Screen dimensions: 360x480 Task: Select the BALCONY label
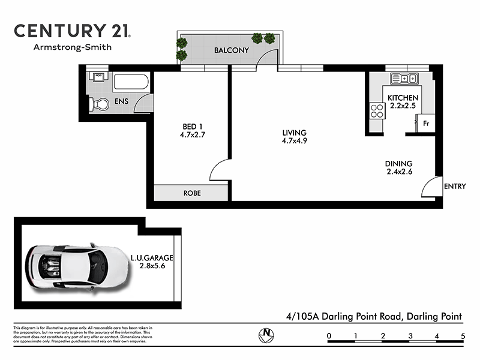tap(232, 50)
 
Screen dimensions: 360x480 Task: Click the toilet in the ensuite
tap(100, 104)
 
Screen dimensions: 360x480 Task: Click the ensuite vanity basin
tap(97, 77)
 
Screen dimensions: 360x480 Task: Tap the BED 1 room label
tap(193, 126)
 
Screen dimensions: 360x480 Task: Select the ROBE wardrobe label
tap(192, 193)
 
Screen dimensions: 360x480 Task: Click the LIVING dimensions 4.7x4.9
tap(295, 142)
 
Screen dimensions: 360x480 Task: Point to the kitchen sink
tap(404, 78)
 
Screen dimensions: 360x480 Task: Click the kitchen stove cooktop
tap(377, 110)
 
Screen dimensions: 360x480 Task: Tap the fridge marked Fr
tap(426, 124)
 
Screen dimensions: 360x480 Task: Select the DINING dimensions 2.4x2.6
tap(398, 172)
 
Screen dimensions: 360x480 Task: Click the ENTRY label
tap(454, 187)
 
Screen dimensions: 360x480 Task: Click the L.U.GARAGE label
tap(152, 258)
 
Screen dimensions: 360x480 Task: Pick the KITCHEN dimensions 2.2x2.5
tap(403, 106)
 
